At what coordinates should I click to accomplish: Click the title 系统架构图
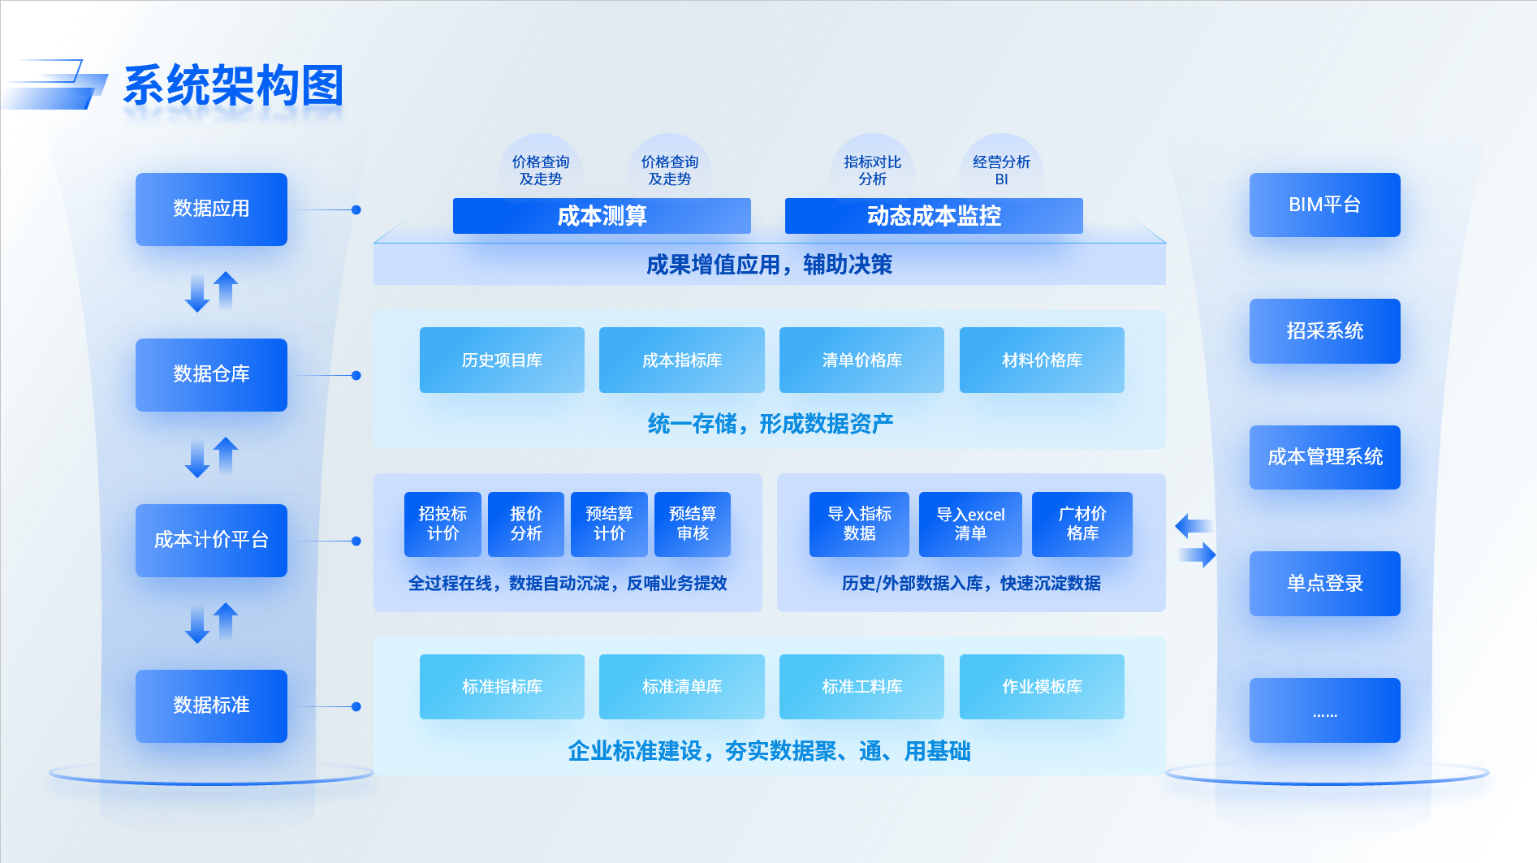click(233, 85)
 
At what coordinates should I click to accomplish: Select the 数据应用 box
click(211, 209)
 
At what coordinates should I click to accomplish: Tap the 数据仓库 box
click(211, 374)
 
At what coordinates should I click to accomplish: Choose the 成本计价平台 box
click(211, 540)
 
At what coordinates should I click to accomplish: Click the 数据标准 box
click(211, 706)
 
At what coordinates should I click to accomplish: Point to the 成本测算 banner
click(602, 216)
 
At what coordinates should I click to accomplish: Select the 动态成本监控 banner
click(934, 216)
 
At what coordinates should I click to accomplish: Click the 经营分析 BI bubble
click(1001, 170)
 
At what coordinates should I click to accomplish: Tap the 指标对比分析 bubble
click(872, 170)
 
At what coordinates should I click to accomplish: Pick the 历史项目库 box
click(502, 360)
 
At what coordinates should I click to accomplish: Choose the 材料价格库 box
click(1042, 360)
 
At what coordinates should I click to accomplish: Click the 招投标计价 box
click(443, 524)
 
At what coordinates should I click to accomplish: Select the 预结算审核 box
click(693, 524)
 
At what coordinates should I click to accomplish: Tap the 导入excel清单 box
click(970, 524)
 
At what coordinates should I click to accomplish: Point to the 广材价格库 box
click(1082, 524)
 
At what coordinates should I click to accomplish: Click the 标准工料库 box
click(861, 687)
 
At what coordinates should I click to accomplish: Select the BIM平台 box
click(1324, 205)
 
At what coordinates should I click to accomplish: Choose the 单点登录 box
click(1324, 583)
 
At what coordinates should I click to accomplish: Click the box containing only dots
click(1324, 710)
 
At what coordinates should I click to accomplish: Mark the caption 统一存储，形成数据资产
click(770, 423)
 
